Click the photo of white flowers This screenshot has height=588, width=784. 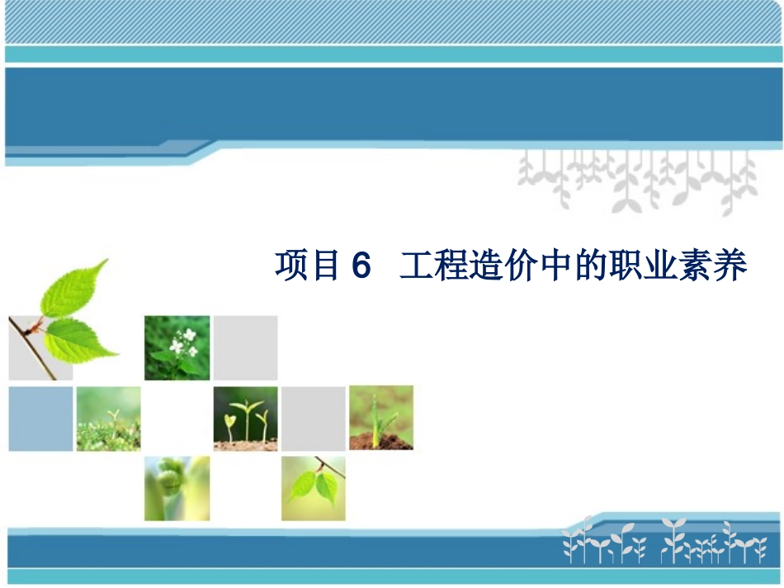click(x=177, y=347)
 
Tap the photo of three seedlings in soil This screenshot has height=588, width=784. click(x=246, y=418)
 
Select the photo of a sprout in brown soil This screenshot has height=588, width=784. click(x=380, y=417)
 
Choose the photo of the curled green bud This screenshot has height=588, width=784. click(x=177, y=488)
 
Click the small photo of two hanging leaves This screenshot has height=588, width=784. click(x=313, y=488)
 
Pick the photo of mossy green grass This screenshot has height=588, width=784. click(x=108, y=419)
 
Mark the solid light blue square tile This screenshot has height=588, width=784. click(x=41, y=419)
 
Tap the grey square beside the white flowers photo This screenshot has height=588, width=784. click(x=246, y=347)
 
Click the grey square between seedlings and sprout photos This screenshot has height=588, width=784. click(x=314, y=418)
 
